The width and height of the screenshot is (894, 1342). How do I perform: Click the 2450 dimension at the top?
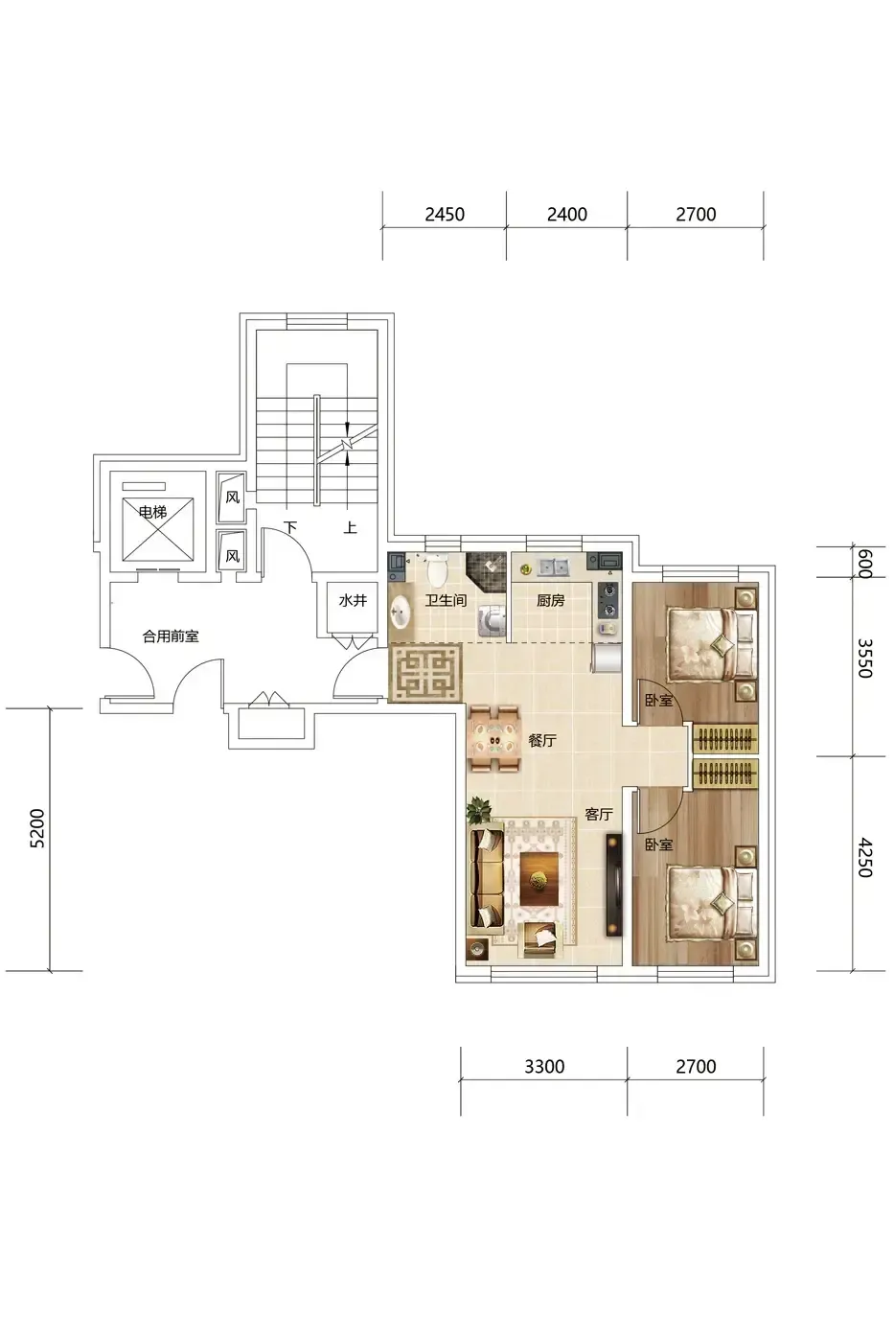coord(445,214)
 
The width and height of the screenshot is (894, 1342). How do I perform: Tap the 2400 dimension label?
coord(566,214)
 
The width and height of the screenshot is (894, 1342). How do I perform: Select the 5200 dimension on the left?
coord(37,828)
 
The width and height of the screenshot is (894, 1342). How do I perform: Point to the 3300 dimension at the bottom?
coord(543,1066)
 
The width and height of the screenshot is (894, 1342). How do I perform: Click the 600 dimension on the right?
coord(863,564)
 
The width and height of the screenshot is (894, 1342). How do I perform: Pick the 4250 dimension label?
coord(863,858)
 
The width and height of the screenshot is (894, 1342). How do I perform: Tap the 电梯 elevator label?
coord(152,512)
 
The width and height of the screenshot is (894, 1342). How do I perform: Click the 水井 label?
coord(352,600)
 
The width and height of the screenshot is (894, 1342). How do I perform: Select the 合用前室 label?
coord(170,636)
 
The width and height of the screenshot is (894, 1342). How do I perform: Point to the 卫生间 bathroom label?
coord(446,600)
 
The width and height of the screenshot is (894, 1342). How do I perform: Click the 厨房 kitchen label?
coord(550,600)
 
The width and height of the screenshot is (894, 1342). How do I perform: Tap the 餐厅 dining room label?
coord(542,740)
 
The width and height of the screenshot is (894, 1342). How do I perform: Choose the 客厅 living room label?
coord(599,814)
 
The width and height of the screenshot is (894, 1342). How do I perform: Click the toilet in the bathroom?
coord(438,570)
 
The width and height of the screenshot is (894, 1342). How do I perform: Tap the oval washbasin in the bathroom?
coord(400,613)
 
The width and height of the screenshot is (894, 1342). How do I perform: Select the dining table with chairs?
coord(494,739)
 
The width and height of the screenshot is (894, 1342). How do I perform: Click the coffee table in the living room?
coord(539,880)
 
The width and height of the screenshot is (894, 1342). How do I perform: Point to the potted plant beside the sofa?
coord(479,809)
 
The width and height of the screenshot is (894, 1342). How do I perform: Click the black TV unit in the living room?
coord(614,885)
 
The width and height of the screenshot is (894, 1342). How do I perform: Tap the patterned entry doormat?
coord(425,672)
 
